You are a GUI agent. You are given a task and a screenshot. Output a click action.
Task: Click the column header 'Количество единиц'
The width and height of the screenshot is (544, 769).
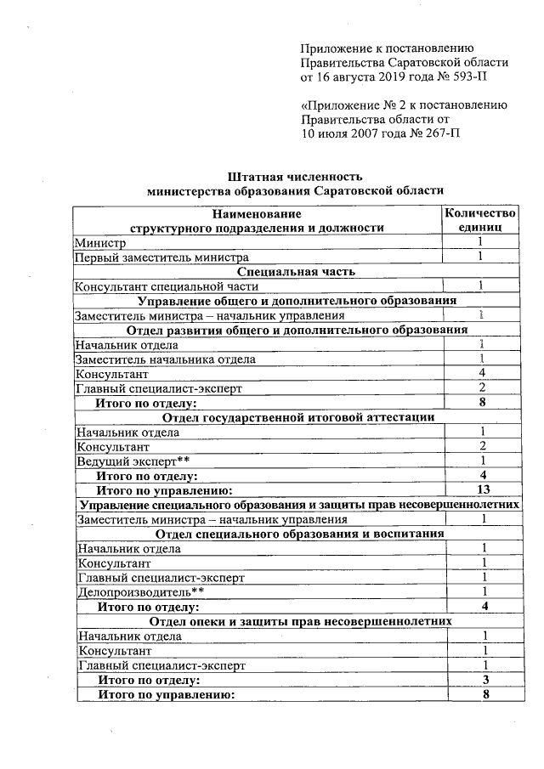click(480, 220)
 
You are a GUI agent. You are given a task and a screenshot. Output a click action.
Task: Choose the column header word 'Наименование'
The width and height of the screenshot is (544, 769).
click(257, 213)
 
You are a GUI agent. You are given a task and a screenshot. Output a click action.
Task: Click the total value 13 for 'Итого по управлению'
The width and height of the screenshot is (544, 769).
click(481, 489)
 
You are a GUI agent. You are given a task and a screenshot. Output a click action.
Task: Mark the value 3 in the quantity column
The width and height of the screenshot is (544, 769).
click(483, 680)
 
